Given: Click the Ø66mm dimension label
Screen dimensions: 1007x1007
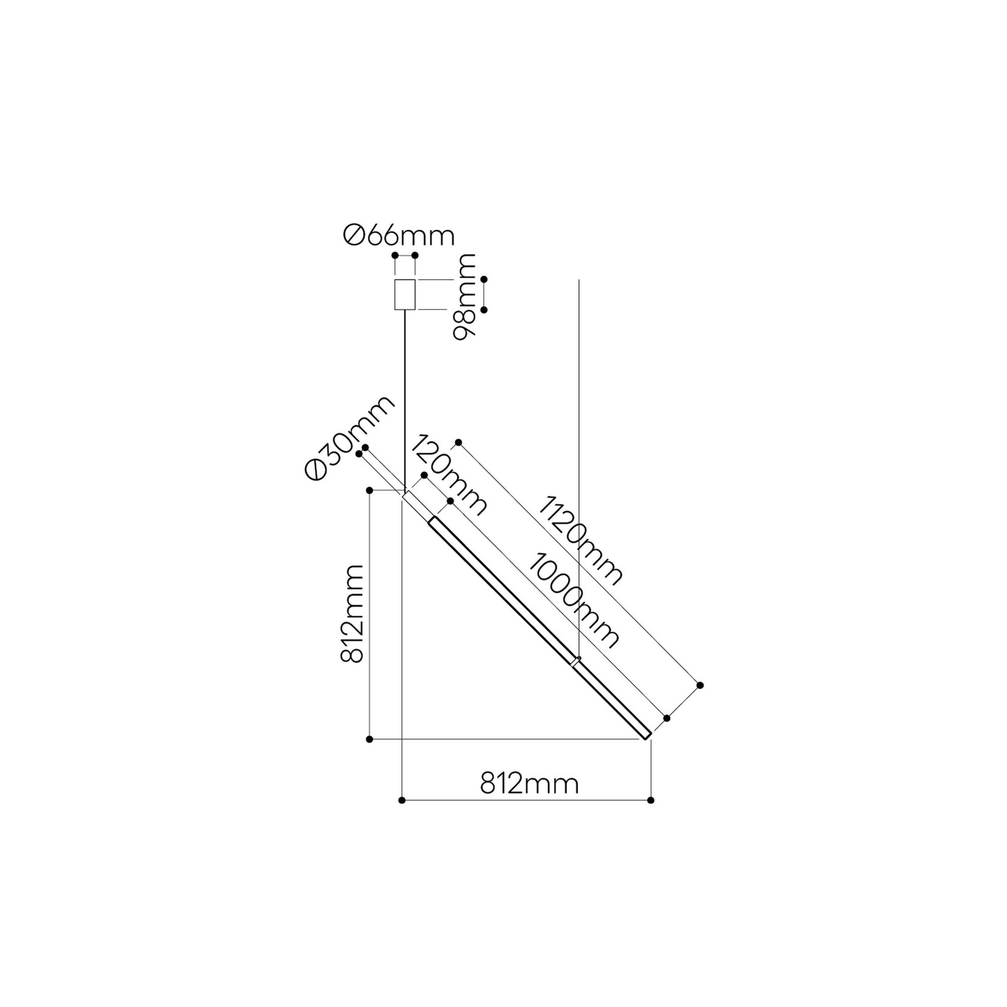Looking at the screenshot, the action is click(x=399, y=236).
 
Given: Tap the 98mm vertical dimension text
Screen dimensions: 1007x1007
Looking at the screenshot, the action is click(x=464, y=297).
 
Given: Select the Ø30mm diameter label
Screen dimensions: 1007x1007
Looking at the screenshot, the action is click(x=350, y=438).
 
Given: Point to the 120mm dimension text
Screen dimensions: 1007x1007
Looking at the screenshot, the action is click(x=449, y=475).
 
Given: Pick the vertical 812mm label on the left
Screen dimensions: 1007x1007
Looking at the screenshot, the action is click(x=352, y=613).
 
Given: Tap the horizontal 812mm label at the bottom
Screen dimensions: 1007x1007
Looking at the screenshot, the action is click(x=529, y=784).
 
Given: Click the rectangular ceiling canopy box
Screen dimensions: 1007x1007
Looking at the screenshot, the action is click(x=405, y=295).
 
